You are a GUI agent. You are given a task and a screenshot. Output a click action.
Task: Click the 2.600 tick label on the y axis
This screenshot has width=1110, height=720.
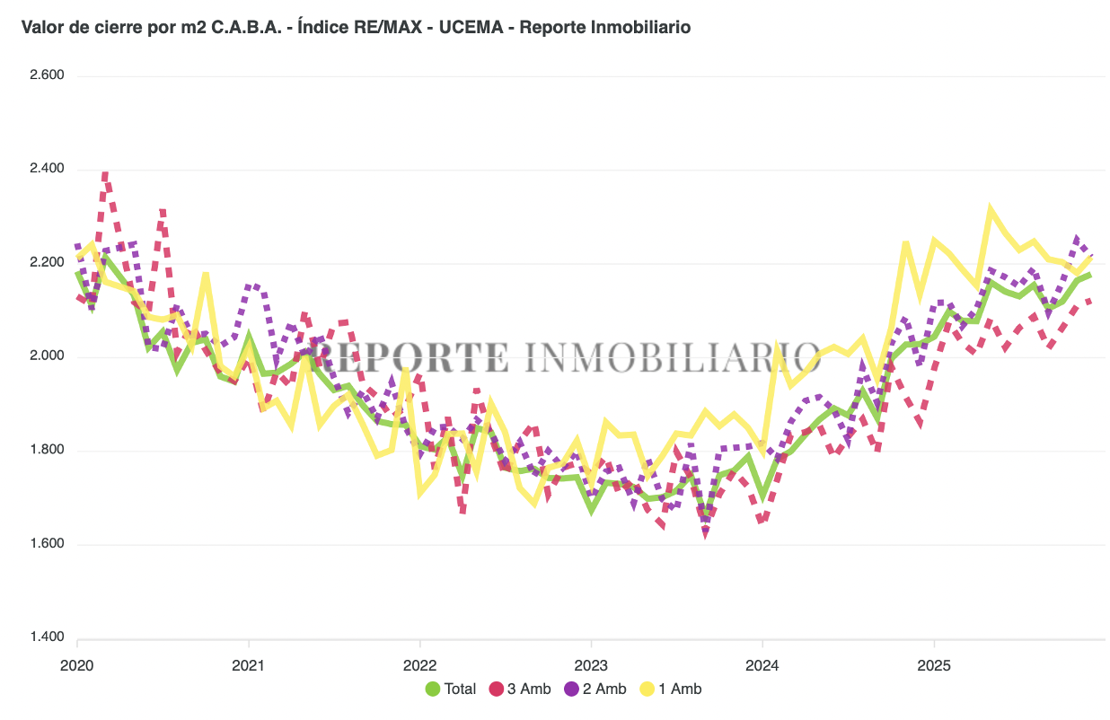tap(47, 75)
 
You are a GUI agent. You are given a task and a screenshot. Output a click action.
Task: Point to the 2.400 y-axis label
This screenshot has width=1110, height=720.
tap(47, 169)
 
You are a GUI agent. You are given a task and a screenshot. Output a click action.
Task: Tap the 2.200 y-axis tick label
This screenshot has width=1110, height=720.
tap(47, 263)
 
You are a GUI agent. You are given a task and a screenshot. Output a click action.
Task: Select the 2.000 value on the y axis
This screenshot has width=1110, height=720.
tap(47, 356)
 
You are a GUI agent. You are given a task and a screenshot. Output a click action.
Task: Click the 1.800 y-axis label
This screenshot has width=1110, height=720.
tap(47, 450)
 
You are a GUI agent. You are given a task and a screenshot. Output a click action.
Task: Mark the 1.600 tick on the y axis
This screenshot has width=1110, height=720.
tap(47, 544)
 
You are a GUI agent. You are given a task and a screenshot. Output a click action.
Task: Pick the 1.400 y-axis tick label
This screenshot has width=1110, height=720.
tap(47, 637)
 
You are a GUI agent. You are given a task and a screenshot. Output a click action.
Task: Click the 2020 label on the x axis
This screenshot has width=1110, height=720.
tap(77, 667)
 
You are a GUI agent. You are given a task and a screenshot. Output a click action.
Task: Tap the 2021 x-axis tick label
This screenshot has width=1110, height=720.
tap(248, 667)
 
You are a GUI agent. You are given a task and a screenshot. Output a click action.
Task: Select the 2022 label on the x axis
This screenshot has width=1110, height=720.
tap(419, 667)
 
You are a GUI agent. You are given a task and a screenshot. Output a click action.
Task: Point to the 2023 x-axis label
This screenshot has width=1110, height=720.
tap(591, 667)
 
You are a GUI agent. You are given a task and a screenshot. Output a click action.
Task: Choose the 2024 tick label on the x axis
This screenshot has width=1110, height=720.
tap(762, 667)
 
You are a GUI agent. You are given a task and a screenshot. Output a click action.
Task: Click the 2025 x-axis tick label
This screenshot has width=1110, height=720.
tap(934, 667)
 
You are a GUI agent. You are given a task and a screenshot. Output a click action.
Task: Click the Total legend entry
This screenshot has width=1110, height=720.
tap(451, 689)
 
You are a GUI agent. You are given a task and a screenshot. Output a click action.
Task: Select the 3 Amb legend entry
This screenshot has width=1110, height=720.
tap(520, 689)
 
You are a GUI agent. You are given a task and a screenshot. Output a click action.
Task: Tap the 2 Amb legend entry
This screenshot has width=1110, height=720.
tap(595, 689)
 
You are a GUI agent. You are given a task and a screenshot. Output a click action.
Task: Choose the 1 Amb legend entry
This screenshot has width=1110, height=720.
tap(671, 689)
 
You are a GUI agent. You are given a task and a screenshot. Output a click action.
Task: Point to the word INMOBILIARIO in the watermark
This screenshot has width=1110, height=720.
tap(671, 356)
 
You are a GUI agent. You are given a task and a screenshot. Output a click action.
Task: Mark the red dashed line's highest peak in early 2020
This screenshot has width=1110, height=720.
tap(105, 174)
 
